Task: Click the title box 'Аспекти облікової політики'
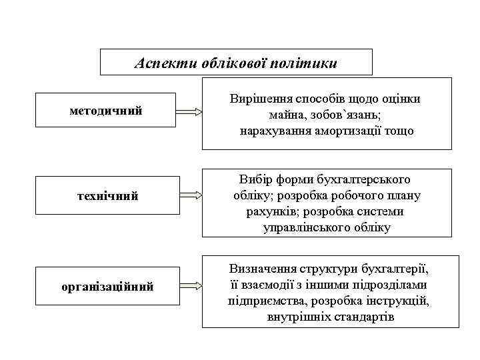coord(236,63)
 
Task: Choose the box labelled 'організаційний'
coord(106,287)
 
